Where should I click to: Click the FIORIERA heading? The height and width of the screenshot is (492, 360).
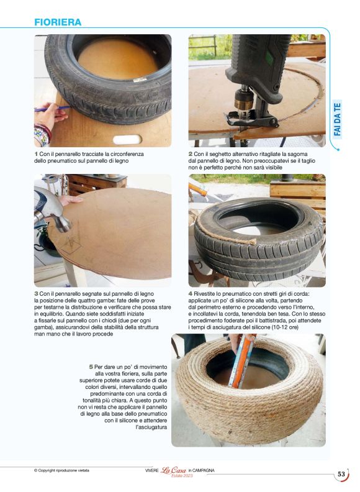[x=58, y=22]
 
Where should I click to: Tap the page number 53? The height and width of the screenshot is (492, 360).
[x=341, y=475]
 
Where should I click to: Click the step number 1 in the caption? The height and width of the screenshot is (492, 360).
[x=36, y=153]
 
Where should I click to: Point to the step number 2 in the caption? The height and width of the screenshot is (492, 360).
[x=191, y=153]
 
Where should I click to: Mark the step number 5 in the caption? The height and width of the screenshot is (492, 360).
[x=91, y=367]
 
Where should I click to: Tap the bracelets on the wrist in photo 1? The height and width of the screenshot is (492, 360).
[x=42, y=131]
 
